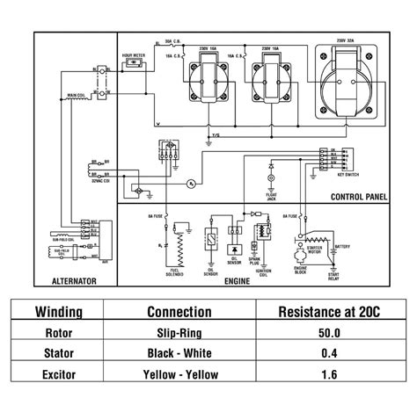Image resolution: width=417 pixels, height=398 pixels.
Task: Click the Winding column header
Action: coord(59,312)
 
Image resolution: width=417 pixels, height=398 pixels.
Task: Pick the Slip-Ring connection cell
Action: coord(179,333)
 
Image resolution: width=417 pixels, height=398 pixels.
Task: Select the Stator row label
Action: coord(59,353)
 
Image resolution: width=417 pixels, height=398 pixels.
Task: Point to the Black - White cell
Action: coord(179,353)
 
